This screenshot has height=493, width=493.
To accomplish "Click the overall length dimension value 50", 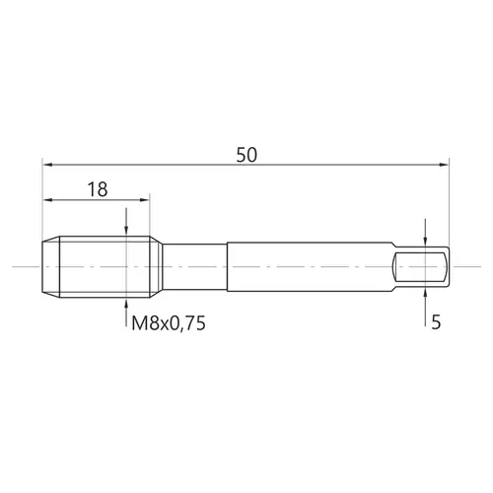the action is (x=246, y=155).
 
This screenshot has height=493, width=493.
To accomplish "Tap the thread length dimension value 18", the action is (x=98, y=189).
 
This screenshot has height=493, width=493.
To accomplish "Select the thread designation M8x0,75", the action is (x=169, y=323).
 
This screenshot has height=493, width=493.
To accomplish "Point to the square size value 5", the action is (x=436, y=322).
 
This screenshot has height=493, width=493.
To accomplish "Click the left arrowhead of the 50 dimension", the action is (x=47, y=165).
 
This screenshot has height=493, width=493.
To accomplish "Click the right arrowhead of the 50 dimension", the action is (x=444, y=165).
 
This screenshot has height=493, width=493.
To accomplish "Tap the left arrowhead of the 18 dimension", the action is (x=47, y=199).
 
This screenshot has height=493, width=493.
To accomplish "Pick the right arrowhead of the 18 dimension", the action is (x=145, y=199).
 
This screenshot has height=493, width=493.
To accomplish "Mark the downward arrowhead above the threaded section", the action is (x=126, y=231).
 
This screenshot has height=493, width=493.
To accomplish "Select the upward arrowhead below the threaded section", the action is (x=126, y=303).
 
